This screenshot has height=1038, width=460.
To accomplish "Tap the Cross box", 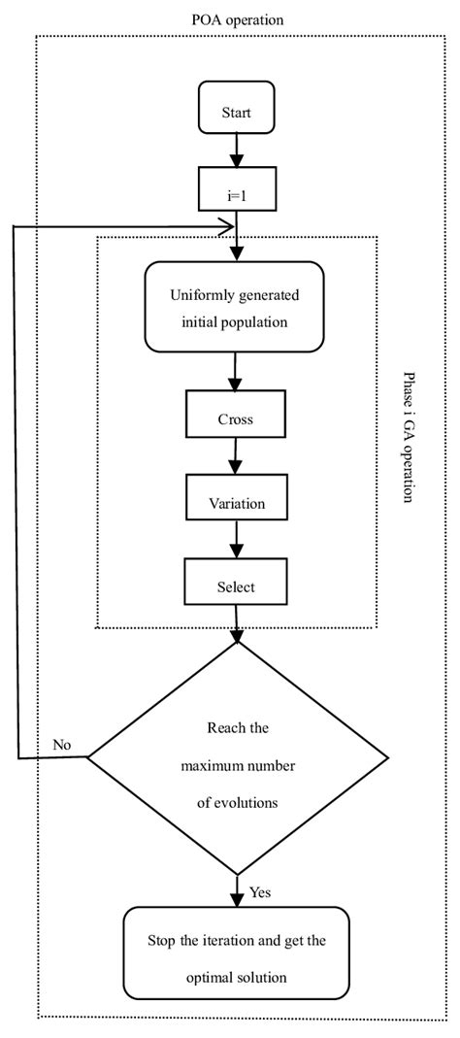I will (x=236, y=419).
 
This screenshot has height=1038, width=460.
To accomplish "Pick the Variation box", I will (x=236, y=503).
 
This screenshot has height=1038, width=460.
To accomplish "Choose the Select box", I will (x=236, y=586).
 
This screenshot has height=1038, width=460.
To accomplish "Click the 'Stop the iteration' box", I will (x=235, y=960).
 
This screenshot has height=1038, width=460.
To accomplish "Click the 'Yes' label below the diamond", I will (x=261, y=890).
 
